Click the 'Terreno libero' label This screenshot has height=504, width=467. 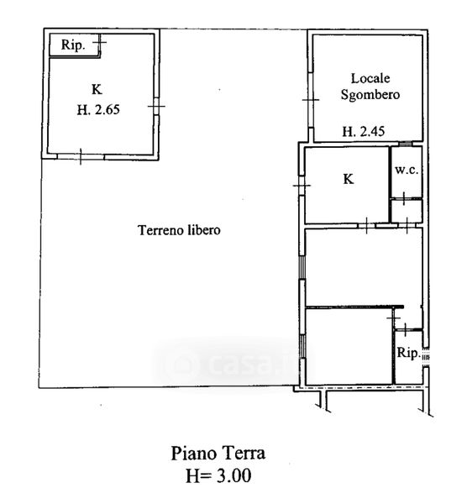click(x=180, y=230)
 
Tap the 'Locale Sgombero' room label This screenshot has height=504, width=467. click(x=370, y=87)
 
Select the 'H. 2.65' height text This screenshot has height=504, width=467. click(x=98, y=110)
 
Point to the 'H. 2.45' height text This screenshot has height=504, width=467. click(x=364, y=132)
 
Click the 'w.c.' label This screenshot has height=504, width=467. click(x=407, y=170)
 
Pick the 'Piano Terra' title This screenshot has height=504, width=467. click(x=218, y=454)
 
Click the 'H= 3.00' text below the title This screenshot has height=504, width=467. click(x=218, y=475)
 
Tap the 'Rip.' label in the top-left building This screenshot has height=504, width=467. click(x=73, y=45)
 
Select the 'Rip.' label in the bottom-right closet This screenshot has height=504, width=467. click(x=408, y=353)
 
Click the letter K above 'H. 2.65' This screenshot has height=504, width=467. click(x=97, y=89)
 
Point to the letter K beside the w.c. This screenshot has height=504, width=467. click(x=349, y=179)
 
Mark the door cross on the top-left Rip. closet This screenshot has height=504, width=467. click(x=100, y=42)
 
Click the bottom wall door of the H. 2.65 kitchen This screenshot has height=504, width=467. click(x=81, y=156)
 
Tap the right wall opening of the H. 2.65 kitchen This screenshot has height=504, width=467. click(x=156, y=106)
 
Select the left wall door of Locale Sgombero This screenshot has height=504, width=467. click(x=311, y=100)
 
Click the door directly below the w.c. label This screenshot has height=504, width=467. click(x=404, y=197)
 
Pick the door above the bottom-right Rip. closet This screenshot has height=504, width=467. click(x=405, y=329)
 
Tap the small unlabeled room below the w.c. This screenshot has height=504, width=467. click(x=407, y=211)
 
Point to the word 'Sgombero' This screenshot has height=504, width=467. click(x=370, y=95)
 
